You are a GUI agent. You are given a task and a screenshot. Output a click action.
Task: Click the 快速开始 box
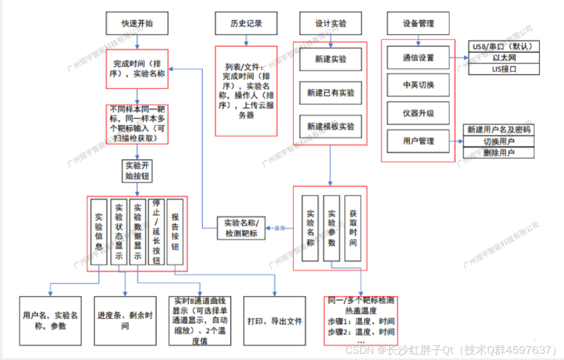(137, 23)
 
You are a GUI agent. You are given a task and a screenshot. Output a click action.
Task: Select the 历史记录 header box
(246, 23)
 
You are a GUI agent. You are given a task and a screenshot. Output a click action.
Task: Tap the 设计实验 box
(331, 23)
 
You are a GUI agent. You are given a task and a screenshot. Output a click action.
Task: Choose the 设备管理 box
(418, 23)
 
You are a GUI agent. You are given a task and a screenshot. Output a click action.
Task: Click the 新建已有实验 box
(331, 93)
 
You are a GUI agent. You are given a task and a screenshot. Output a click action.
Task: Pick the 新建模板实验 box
(331, 127)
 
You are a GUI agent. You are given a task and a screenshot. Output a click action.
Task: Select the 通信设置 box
(418, 58)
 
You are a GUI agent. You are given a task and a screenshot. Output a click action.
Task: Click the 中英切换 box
(418, 85)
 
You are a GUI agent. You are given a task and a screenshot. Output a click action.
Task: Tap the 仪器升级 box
(418, 113)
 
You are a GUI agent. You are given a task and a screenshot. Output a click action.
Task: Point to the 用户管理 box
(418, 141)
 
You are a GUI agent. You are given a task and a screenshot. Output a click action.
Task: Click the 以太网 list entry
(504, 58)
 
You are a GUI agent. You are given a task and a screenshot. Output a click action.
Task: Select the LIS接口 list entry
(504, 69)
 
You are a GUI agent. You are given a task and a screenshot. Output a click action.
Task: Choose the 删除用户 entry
(499, 153)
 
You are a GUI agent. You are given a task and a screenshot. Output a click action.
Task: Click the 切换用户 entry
(499, 141)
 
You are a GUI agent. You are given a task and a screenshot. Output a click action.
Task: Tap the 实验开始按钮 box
(137, 171)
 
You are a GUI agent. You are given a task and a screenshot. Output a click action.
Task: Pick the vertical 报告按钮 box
(175, 232)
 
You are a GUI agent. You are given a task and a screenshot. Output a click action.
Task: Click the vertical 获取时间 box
(353, 228)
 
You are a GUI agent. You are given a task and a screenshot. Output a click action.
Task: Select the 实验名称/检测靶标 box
(241, 228)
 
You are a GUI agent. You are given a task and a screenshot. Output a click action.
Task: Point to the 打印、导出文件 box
(274, 321)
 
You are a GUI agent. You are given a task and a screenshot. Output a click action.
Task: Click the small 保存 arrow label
(279, 228)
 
